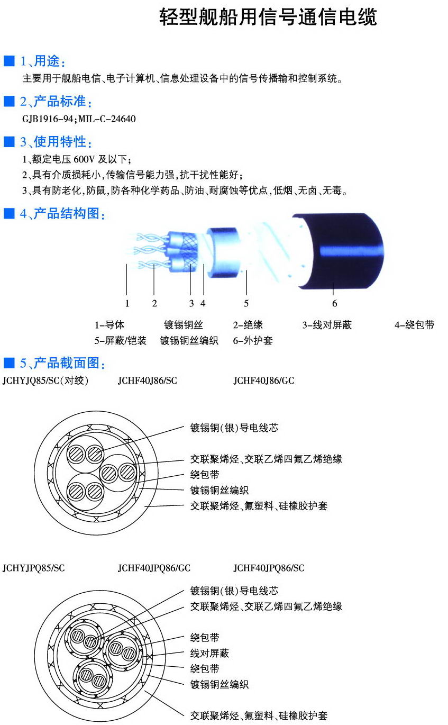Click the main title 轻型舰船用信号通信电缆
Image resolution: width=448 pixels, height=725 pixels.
[x=268, y=17]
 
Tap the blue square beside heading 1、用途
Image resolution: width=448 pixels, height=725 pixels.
[x=9, y=61]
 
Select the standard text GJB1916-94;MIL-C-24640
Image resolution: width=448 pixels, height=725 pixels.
[x=79, y=119]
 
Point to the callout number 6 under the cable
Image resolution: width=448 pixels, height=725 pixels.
[x=334, y=303]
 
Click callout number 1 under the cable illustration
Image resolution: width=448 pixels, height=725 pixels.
[x=127, y=303]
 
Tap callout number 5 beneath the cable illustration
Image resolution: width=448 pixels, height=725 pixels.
[x=246, y=303]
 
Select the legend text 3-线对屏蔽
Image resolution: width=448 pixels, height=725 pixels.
[x=327, y=324]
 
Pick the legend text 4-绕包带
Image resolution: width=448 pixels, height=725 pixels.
[x=414, y=324]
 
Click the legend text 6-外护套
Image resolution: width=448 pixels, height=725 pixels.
[x=253, y=340]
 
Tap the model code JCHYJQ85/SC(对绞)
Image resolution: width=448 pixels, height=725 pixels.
[x=45, y=380]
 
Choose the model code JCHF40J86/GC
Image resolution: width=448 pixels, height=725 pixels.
[x=264, y=380]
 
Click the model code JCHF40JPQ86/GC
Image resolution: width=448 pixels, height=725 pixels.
[x=154, y=568]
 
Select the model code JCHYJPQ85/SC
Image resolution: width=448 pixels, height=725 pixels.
[x=34, y=568]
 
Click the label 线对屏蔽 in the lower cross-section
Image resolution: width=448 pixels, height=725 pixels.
[x=209, y=653]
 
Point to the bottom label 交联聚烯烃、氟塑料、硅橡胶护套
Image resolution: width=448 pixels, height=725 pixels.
[x=259, y=715]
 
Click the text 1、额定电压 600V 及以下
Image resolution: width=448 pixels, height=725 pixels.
[x=77, y=159]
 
